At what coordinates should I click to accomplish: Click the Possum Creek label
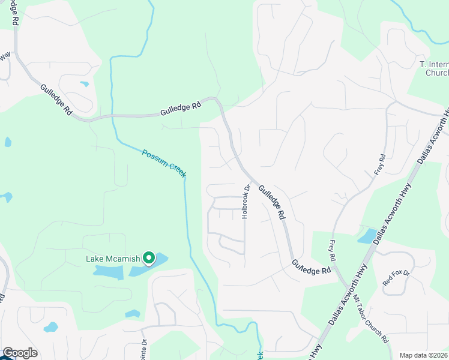[x=164, y=163]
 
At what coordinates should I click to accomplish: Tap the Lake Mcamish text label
[x=113, y=259]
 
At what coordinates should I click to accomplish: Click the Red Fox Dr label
[x=396, y=278]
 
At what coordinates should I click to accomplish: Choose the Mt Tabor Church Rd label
[x=373, y=319]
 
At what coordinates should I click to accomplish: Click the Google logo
[x=20, y=353]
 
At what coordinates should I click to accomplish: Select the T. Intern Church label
[x=433, y=68]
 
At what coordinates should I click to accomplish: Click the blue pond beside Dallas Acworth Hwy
[x=366, y=236]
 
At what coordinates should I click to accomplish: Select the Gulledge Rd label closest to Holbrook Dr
[x=271, y=201]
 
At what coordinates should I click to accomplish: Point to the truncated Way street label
[x=5, y=56]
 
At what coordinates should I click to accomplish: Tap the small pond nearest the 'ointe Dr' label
[x=133, y=314]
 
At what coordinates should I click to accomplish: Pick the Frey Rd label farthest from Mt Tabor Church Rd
[x=378, y=163]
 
